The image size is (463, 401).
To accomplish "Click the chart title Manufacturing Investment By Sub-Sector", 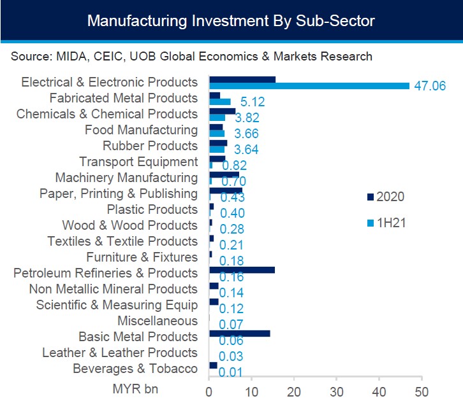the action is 231,21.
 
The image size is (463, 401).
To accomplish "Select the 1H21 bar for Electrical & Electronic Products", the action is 309,86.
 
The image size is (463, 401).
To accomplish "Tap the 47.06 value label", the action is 430,86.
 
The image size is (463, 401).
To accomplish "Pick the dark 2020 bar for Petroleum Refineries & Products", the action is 242,270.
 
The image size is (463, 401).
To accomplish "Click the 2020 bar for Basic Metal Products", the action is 240,334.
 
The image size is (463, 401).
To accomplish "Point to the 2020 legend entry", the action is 386,197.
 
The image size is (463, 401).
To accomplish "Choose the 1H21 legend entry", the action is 386,223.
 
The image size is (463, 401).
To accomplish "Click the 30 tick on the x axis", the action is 336,392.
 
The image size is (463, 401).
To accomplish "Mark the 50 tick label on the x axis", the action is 422,392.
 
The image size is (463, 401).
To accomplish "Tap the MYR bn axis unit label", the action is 136,389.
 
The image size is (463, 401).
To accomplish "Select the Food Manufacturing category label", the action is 141,130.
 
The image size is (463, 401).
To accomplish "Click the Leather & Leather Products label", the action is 120,353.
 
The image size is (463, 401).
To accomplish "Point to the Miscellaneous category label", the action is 158,321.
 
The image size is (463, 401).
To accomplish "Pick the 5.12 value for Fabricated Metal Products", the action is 253,102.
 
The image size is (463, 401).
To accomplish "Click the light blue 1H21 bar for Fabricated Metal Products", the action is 220,102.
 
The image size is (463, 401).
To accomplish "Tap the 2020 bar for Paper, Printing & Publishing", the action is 226,190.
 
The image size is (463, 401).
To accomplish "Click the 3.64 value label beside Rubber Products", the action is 246,150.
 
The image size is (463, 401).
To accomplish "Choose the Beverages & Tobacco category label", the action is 135,369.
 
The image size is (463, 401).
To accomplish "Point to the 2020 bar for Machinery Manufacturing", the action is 224,174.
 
